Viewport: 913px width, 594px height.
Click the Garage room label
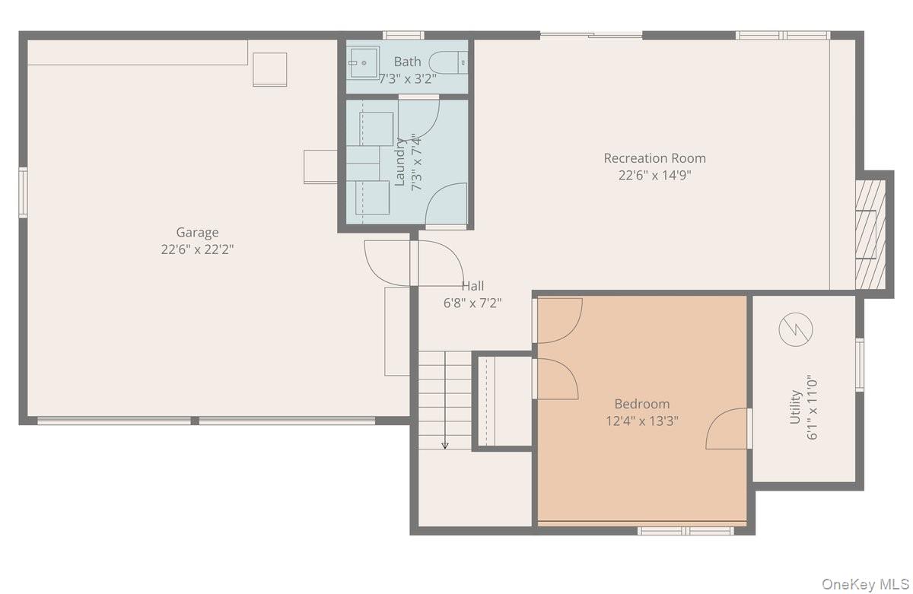point(197,232)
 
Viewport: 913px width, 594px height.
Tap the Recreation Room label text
point(654,158)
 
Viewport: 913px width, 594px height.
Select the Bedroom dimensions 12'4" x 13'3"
point(642,421)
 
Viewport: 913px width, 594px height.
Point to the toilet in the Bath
point(448,62)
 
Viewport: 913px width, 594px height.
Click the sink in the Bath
point(363,62)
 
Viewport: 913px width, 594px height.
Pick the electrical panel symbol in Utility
point(796,329)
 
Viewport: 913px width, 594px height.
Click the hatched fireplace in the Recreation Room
point(870,234)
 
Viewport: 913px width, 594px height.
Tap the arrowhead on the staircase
point(445,446)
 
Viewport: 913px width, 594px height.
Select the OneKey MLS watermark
point(865,584)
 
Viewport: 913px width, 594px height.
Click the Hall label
point(472,286)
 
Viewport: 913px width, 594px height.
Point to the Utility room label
point(795,407)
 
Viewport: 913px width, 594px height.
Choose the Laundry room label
point(400,162)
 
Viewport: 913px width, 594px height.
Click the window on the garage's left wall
point(24,192)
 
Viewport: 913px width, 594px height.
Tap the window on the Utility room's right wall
point(860,364)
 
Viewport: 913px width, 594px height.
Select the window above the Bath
point(403,36)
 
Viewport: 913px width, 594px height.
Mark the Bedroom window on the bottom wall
point(686,530)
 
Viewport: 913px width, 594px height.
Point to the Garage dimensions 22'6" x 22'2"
point(197,249)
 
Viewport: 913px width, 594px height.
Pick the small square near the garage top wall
point(269,70)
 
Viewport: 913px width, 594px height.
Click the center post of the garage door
point(195,421)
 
